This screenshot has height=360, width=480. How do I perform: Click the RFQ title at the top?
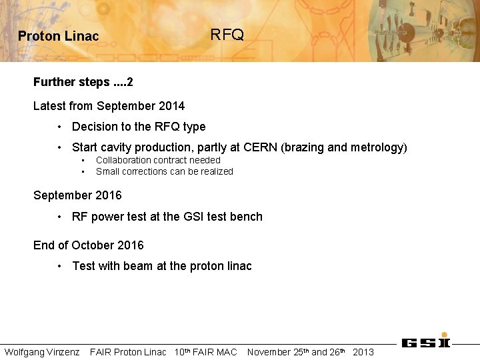click(x=227, y=35)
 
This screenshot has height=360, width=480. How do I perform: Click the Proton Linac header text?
click(x=58, y=37)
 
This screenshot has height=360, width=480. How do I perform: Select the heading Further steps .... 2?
click(x=83, y=82)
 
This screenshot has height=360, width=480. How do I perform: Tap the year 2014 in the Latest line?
click(x=172, y=106)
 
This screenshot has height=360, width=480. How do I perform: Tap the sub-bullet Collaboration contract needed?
click(x=158, y=160)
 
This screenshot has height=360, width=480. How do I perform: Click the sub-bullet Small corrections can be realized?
click(x=164, y=171)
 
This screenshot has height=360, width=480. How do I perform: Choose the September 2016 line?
click(x=77, y=195)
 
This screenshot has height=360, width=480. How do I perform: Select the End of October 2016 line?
click(x=89, y=245)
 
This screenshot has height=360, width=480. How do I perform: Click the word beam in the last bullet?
click(x=138, y=266)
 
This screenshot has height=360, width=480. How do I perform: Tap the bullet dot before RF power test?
click(x=60, y=217)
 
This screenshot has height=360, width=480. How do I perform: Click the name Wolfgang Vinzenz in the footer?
click(x=42, y=352)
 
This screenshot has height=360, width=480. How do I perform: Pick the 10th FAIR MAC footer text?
click(x=205, y=352)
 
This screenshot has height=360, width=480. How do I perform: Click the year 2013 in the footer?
click(x=363, y=352)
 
